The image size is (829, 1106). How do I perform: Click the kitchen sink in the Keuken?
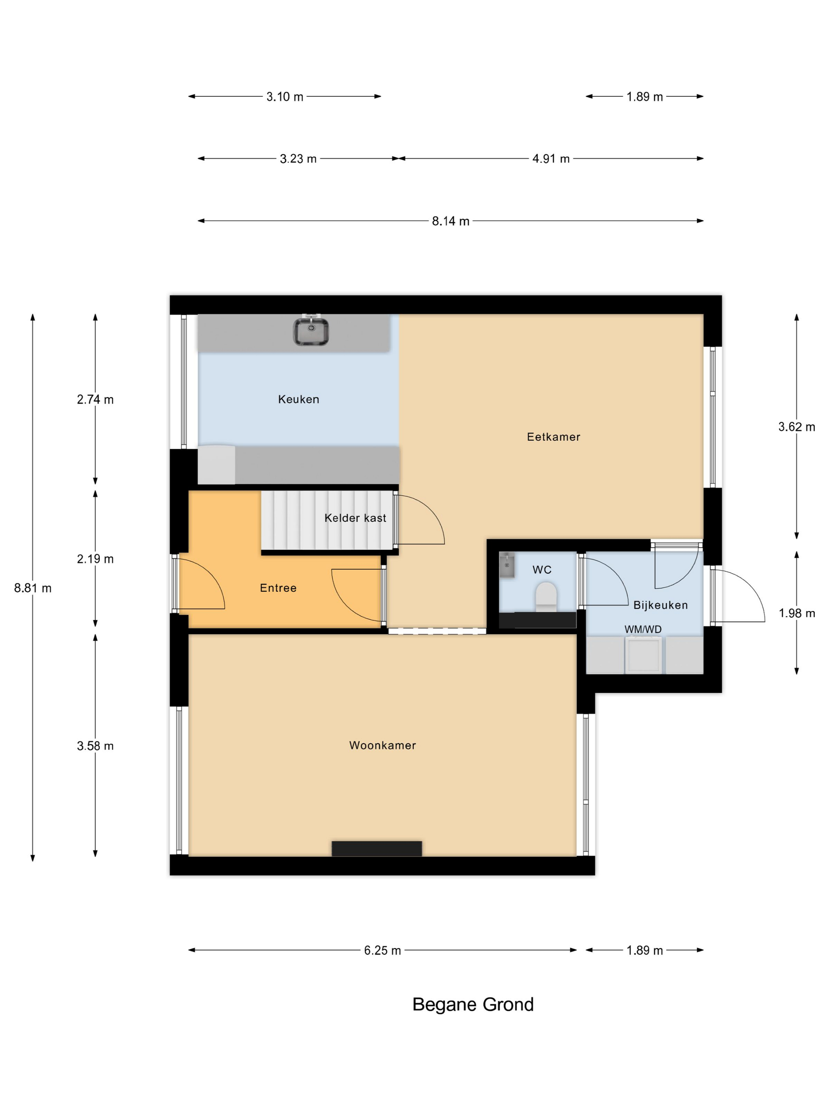click(310, 331)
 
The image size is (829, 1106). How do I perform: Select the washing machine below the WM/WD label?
click(643, 655)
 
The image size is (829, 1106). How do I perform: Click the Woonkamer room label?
click(382, 745)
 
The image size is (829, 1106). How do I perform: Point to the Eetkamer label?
click(553, 436)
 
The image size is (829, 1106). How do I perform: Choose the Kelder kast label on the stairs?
click(355, 517)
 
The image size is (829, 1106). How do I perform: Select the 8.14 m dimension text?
click(450, 221)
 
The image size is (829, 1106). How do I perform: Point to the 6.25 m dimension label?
click(382, 950)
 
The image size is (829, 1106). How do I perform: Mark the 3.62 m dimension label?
click(797, 427)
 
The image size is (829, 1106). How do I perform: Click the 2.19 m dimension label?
click(95, 559)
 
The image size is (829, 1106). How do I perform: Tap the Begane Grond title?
click(473, 1004)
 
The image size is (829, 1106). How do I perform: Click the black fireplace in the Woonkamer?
click(376, 848)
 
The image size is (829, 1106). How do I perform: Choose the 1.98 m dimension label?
click(797, 613)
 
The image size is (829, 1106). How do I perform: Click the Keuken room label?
click(298, 399)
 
